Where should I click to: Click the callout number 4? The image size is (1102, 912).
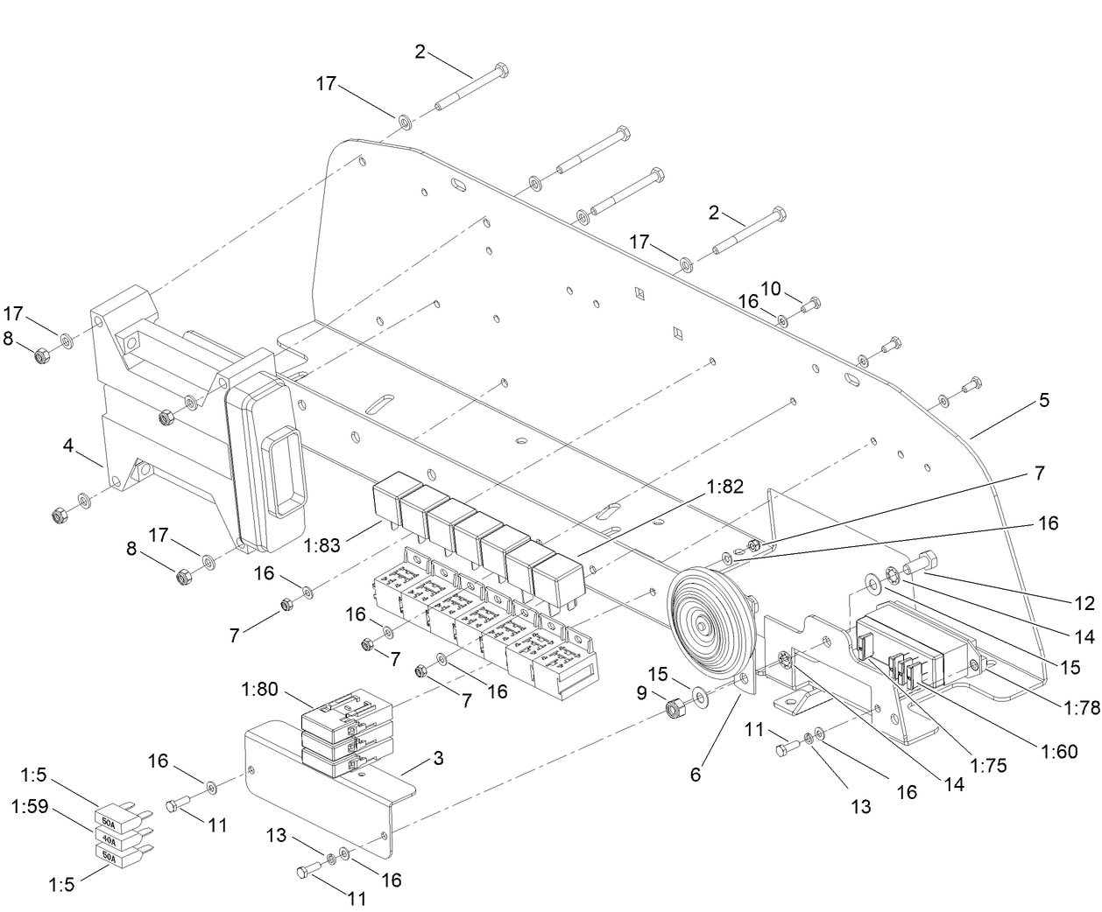67,445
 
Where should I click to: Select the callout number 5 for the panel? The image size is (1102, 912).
1043,400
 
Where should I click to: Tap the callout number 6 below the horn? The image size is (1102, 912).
696,774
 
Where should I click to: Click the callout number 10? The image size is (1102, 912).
770,288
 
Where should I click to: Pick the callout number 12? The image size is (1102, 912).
1084,603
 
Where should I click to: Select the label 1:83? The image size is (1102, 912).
322,546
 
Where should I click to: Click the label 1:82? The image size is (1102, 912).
726,486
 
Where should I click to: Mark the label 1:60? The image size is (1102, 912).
1059,751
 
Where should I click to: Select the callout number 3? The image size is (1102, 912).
438,758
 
